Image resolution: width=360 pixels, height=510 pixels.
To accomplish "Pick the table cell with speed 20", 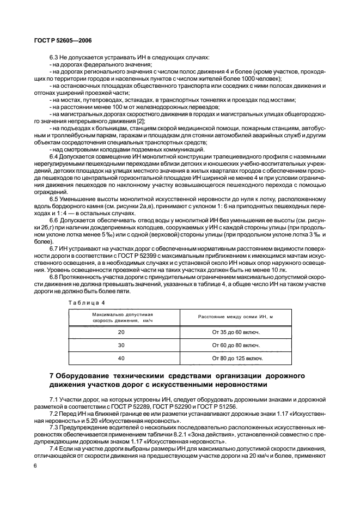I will tap(121, 331).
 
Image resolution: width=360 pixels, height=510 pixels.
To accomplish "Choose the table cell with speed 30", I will tap(121, 345).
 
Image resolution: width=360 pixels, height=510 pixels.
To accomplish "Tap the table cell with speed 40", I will tap(121, 359).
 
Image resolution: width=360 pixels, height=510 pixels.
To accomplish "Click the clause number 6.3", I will tap(54, 58).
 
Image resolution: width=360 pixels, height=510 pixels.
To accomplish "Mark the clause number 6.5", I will tap(54, 199).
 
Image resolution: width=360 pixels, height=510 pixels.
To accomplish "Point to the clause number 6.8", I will tap(54, 277).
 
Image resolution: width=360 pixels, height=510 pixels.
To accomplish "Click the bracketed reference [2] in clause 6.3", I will tap(141, 121).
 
